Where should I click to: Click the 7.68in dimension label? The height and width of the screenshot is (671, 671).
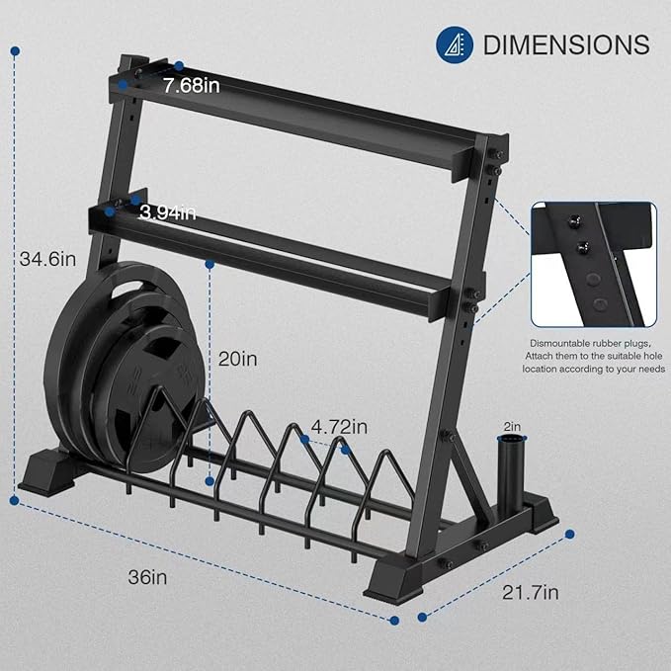(192, 86)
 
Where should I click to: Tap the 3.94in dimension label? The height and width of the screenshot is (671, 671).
(167, 211)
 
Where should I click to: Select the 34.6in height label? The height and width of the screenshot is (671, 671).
(47, 259)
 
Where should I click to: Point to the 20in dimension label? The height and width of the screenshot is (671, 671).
(237, 359)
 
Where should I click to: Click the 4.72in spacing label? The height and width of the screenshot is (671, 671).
(339, 428)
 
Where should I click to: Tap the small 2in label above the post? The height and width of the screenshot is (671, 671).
(512, 426)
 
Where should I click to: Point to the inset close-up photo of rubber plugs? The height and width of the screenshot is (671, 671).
(593, 264)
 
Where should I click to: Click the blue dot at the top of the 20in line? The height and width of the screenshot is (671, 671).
(210, 264)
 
